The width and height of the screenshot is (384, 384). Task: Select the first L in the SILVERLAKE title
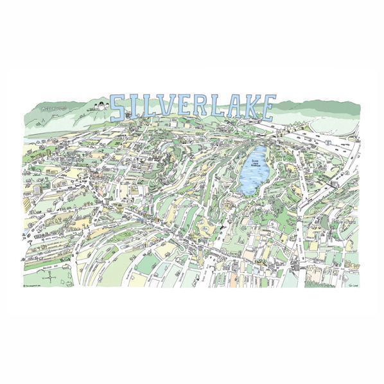coord(148,109)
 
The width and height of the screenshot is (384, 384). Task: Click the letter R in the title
coord(200,108)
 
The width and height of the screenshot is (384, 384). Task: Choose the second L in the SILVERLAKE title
coord(218,108)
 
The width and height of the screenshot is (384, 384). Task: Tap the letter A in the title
coord(235,108)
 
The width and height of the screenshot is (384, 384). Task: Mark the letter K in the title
coord(252,108)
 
